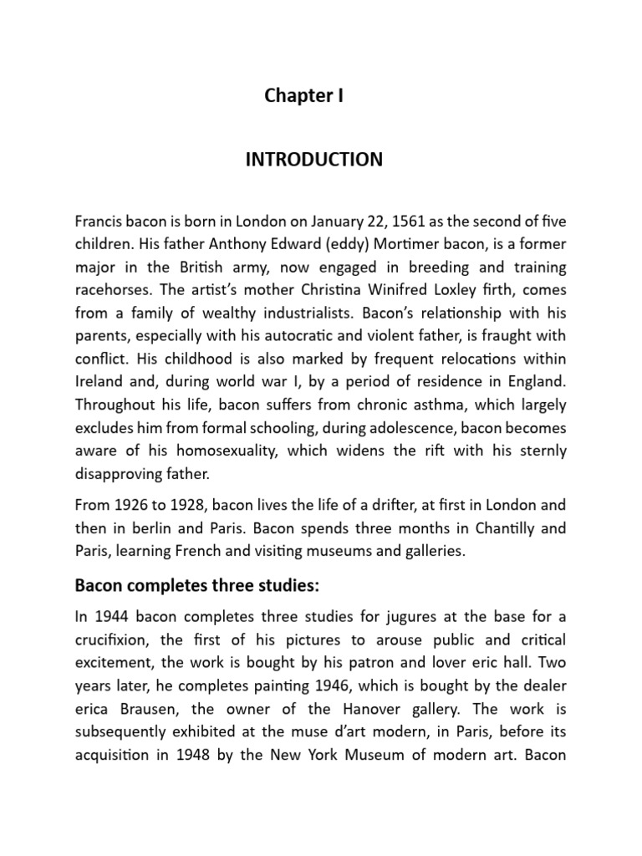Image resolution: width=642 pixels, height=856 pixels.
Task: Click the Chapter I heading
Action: [303, 96]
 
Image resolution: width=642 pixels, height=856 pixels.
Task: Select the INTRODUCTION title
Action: [313, 160]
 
